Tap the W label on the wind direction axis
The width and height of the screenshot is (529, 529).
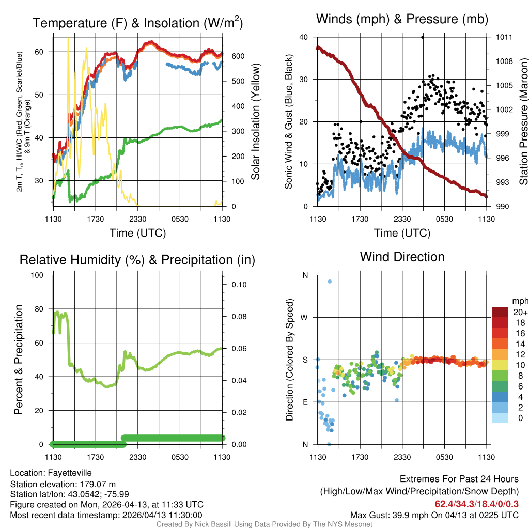click(x=304, y=317)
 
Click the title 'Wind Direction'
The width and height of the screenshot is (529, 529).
click(x=402, y=257)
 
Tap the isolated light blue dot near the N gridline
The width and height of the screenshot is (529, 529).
click(x=329, y=282)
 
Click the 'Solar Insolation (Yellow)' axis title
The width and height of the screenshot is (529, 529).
click(x=255, y=122)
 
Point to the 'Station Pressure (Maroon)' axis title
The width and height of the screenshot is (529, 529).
click(x=523, y=122)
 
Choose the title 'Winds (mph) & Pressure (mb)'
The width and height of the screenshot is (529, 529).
click(x=402, y=19)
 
